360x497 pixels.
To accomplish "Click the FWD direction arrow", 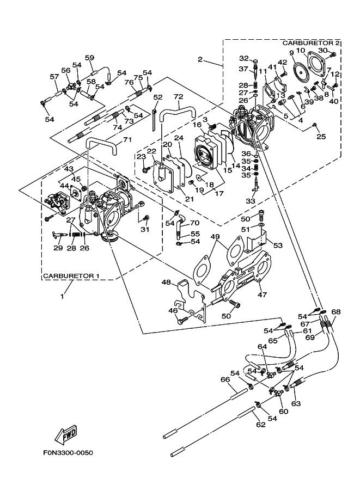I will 65,435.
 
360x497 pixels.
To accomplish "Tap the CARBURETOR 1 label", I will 71,276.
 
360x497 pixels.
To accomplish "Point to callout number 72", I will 178,97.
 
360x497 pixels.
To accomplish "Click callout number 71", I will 126,140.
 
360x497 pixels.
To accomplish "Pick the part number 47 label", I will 261,294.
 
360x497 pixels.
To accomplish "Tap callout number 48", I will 166,282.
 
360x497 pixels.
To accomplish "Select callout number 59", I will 89,58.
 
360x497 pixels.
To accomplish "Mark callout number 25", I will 321,137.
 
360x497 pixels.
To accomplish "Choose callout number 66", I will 224,379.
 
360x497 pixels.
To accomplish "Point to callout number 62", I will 261,424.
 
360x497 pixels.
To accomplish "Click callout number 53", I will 278,246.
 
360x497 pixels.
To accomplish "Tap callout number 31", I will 145,229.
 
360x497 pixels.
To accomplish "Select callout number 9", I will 292,52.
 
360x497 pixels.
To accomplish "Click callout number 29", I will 58,248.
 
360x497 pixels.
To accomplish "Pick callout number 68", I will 336,312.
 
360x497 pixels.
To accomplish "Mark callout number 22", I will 151,151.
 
